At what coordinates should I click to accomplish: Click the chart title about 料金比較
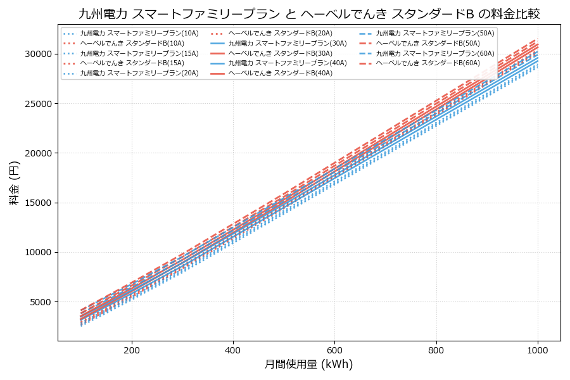coord(309,14)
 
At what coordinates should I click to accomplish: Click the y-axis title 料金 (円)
coord(14,183)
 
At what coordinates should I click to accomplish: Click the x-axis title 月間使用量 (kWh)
coord(308,364)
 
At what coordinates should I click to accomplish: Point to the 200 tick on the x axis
coord(132,350)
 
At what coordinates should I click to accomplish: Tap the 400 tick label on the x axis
coord(233,350)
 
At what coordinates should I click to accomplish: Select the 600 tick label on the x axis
coord(334,350)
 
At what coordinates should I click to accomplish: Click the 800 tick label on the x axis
coord(436,350)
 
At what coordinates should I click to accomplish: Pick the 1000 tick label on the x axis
coord(538,350)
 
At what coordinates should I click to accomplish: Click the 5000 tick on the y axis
coord(42,302)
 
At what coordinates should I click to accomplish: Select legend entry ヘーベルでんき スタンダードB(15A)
coord(132,63)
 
